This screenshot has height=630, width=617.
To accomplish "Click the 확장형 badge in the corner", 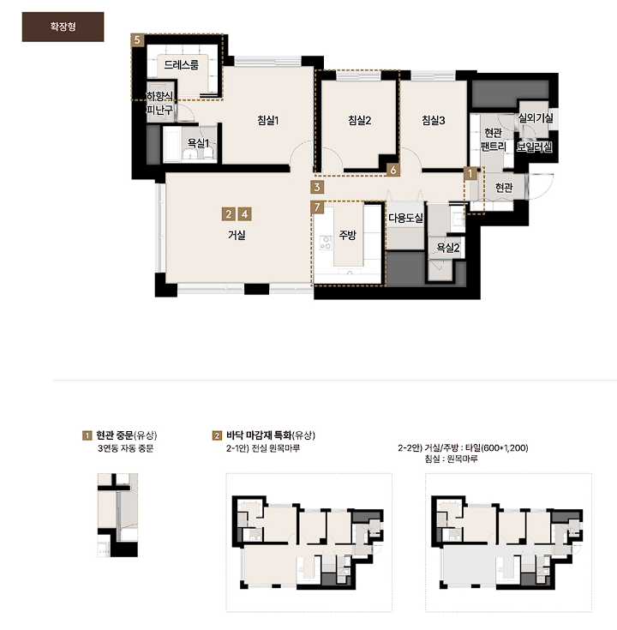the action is (63, 27).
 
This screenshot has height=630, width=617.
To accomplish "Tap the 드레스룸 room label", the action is (181, 64).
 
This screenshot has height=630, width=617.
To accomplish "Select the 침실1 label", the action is (268, 120).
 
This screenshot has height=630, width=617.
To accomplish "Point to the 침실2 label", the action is (360, 120).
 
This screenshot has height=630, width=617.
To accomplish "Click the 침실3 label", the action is (434, 120).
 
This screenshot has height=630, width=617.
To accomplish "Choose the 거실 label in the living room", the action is (237, 235).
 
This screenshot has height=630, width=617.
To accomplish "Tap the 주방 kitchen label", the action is (347, 235).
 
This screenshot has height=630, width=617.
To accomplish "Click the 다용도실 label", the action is (405, 219).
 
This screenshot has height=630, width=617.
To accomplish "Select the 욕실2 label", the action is (448, 248).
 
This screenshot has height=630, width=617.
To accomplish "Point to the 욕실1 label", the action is (199, 142).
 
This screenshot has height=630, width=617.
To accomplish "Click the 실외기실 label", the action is (536, 117).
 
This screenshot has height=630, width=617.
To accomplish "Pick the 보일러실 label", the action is (534, 147).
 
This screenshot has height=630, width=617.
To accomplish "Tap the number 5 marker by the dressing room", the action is (137, 39).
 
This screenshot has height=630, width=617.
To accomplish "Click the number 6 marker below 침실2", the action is (393, 170).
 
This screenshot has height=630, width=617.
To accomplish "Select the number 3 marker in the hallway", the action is (317, 187).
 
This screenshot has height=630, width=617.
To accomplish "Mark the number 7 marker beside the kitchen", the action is (317, 207).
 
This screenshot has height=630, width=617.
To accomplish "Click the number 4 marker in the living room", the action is (244, 214).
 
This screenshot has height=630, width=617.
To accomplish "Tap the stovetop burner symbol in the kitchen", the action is (326, 243).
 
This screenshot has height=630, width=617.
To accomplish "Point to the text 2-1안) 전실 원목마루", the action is (263, 448).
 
